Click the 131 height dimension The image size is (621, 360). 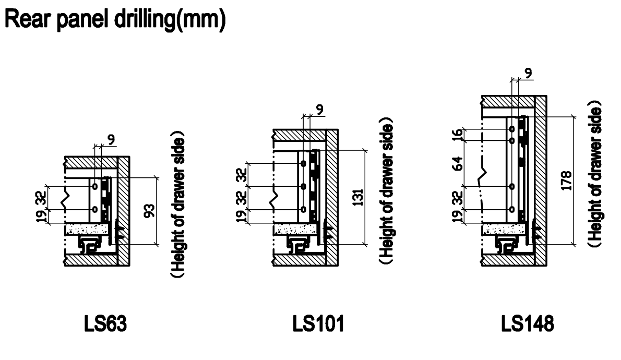click(358, 197)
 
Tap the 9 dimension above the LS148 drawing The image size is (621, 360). click(529, 73)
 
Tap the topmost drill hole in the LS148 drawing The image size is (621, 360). click(512, 128)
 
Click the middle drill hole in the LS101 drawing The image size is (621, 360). click(303, 186)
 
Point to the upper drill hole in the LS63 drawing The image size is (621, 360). click(94, 186)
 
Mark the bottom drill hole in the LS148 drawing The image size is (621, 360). click(512, 209)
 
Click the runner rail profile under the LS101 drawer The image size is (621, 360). click(300, 245)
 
